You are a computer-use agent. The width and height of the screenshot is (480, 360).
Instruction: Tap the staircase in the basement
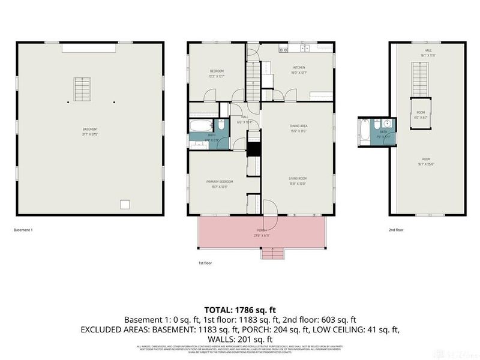coord(81,89)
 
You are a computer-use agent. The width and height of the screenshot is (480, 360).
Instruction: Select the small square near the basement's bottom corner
coord(125,205)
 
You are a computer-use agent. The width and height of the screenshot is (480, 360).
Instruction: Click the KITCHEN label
coord(299,67)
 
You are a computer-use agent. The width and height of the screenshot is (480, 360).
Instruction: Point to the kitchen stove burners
coord(305,48)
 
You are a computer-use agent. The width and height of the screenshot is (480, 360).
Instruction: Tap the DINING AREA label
coord(299,125)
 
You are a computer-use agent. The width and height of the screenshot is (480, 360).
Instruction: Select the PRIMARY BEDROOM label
coord(220,181)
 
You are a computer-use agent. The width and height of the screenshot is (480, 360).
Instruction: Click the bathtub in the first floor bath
coord(200,127)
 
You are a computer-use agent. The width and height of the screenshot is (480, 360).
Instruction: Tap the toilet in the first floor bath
coord(220,126)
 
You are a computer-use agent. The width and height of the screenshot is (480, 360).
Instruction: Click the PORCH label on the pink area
coord(262,230)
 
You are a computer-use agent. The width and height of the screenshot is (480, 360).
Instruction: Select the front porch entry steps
coord(271,254)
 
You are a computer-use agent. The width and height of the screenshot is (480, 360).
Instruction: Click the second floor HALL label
coord(428,51)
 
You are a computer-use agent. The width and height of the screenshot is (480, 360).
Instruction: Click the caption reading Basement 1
coord(23,230)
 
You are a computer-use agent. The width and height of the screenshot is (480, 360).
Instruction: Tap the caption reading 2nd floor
coord(395,230)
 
